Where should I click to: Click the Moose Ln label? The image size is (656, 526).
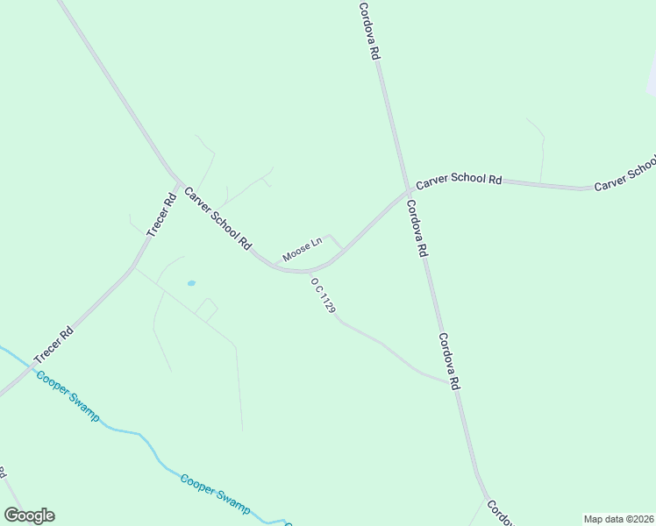(x=303, y=250)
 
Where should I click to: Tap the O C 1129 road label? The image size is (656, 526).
(x=324, y=297)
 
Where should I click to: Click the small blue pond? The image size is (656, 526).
(x=191, y=284)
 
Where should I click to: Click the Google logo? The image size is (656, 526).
(x=29, y=515)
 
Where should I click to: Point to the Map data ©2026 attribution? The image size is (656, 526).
(x=618, y=519)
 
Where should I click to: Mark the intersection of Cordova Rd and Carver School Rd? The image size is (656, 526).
(x=409, y=190)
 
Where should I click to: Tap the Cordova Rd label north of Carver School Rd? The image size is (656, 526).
(x=370, y=31)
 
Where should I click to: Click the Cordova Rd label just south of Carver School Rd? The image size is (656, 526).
(x=417, y=227)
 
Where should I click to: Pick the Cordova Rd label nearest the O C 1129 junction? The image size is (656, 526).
(x=449, y=361)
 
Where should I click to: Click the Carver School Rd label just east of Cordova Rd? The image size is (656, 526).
(x=459, y=181)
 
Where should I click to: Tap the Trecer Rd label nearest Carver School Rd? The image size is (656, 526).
(x=161, y=215)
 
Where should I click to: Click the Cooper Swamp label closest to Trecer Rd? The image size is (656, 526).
(x=68, y=395)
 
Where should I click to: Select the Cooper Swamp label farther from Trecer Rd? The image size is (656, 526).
(x=215, y=494)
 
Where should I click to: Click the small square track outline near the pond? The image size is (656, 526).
(x=207, y=309)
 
